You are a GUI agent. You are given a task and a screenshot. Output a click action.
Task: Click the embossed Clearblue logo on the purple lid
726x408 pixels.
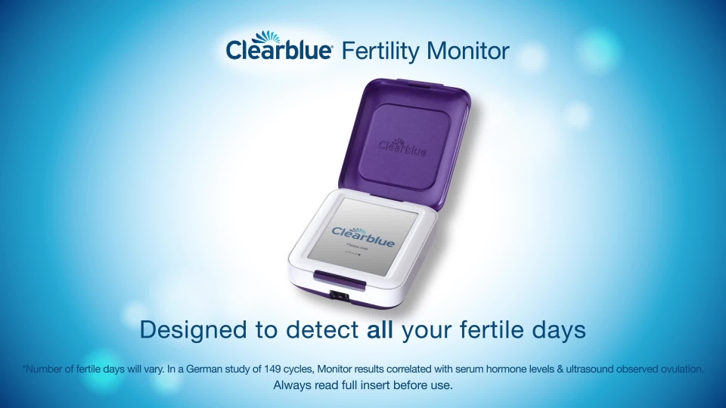click(x=402, y=145)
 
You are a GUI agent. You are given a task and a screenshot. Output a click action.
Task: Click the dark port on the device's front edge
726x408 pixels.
click(x=342, y=295)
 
